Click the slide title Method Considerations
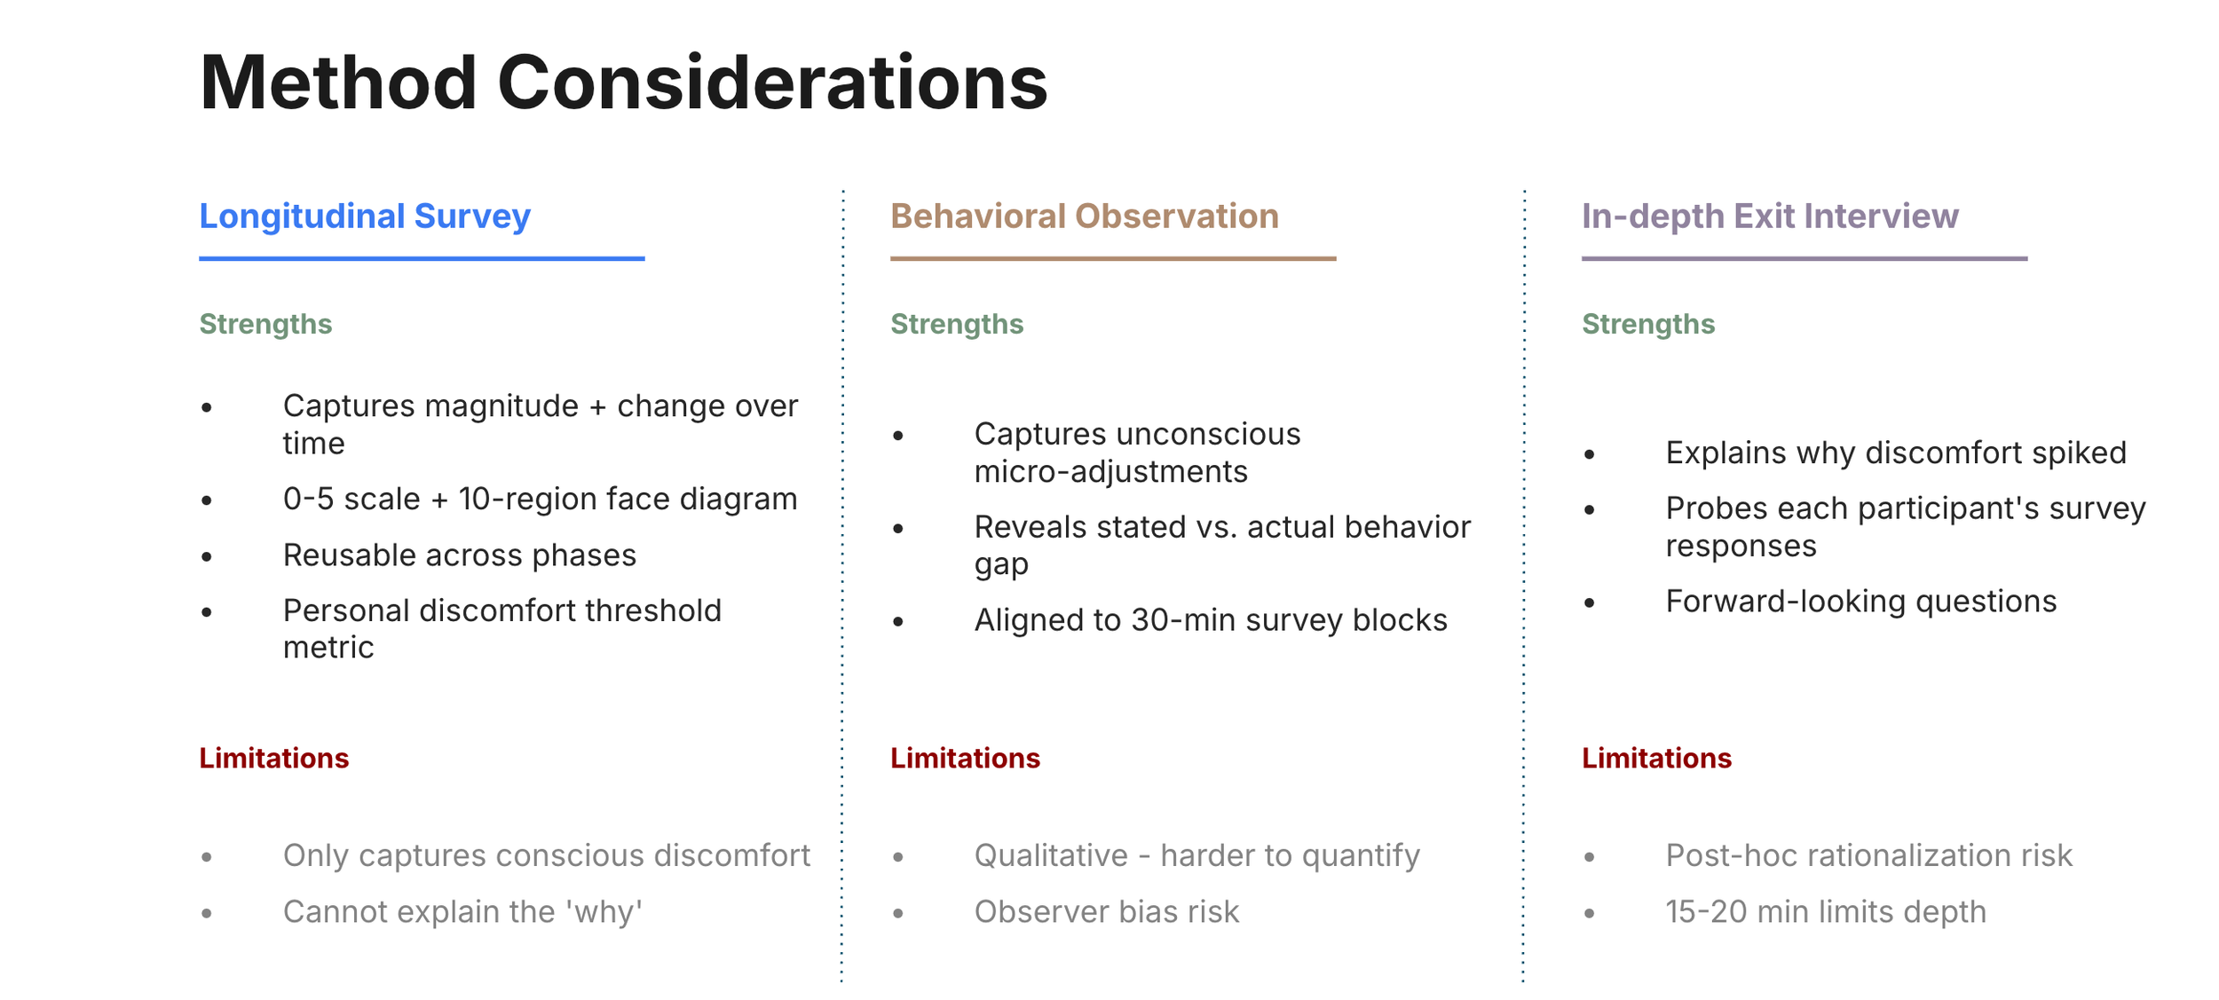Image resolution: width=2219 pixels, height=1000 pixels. click(623, 83)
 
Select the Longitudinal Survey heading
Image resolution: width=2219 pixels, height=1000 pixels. click(365, 217)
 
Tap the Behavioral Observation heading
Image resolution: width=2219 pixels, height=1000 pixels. click(1085, 217)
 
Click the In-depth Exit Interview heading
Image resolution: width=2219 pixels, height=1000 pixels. click(1770, 217)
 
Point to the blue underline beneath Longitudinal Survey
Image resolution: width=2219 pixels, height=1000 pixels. click(422, 258)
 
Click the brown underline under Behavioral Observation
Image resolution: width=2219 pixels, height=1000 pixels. click(1113, 258)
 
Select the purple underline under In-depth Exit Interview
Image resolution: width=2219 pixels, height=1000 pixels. click(1804, 258)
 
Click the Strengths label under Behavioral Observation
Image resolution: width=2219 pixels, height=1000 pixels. click(957, 325)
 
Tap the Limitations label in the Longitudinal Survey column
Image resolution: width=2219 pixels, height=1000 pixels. click(274, 758)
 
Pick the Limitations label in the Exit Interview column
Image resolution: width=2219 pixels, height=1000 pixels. click(1656, 758)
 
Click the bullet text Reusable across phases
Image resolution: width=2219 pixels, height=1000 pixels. click(460, 555)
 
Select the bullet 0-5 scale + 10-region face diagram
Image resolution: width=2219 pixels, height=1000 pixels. click(540, 500)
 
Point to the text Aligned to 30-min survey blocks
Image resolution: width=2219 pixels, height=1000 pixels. click(1211, 620)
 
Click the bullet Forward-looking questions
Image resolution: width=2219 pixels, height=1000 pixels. click(1861, 602)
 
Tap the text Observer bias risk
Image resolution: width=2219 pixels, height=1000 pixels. click(1107, 912)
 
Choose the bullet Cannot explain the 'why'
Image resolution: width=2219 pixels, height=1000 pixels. click(462, 912)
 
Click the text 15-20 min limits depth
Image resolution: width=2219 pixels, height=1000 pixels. click(1826, 912)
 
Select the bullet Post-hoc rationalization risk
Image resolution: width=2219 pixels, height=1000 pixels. click(1868, 855)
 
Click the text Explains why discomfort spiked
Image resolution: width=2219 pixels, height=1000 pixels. click(1896, 453)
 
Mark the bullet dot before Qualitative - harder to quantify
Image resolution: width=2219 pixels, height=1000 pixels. click(898, 857)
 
